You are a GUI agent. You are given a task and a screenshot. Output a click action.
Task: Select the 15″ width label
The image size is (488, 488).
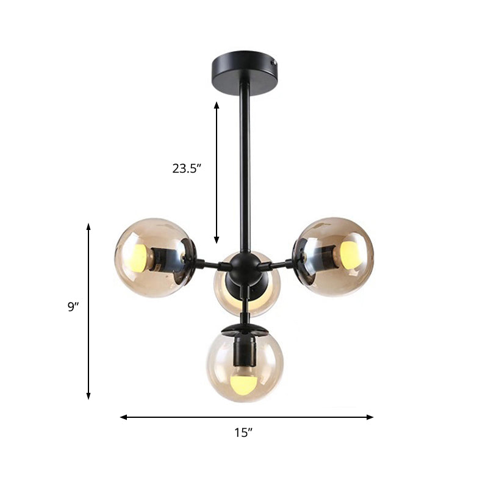[x=243, y=433]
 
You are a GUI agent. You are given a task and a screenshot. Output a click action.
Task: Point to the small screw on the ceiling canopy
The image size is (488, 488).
[x=274, y=62]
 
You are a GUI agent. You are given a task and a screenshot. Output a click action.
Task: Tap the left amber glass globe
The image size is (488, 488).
[x=149, y=253]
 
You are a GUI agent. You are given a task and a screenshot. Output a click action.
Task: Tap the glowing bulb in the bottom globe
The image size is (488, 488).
[x=245, y=384]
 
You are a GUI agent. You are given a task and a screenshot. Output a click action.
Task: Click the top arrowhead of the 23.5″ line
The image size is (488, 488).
[x=216, y=104]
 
